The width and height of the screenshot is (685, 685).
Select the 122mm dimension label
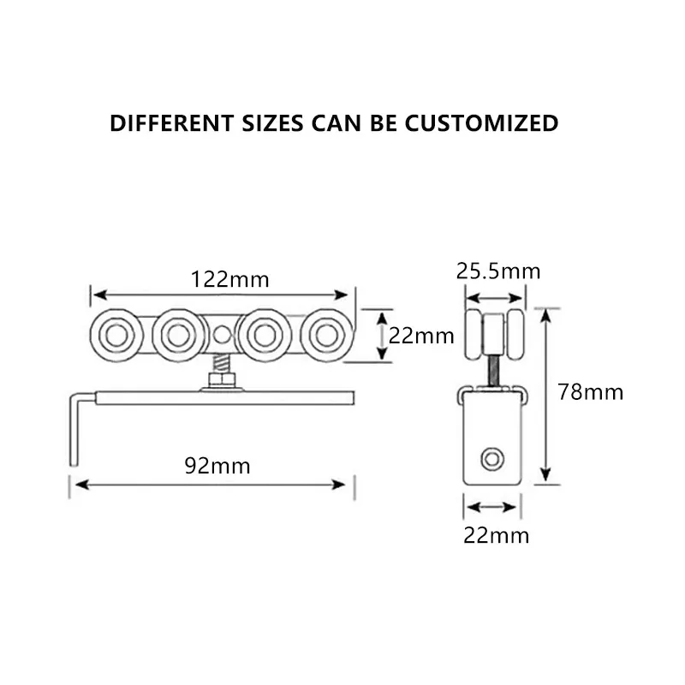pyautogui.click(x=229, y=278)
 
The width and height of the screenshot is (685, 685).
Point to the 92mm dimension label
pyautogui.click(x=217, y=466)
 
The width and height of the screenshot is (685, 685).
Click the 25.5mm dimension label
pyautogui.click(x=497, y=271)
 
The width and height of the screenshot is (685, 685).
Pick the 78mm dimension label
pyautogui.click(x=590, y=392)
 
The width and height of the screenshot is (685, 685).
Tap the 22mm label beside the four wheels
pyautogui.click(x=421, y=336)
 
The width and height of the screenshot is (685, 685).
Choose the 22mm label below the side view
pyautogui.click(x=497, y=536)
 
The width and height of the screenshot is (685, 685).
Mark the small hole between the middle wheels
pyautogui.click(x=222, y=335)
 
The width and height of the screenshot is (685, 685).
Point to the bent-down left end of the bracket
pyautogui.click(x=74, y=428)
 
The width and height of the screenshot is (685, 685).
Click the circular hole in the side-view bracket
pyautogui.click(x=491, y=459)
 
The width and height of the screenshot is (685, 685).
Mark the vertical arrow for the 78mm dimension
pyautogui.click(x=545, y=394)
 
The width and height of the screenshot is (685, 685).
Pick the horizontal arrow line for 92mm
pyautogui.click(x=211, y=485)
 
